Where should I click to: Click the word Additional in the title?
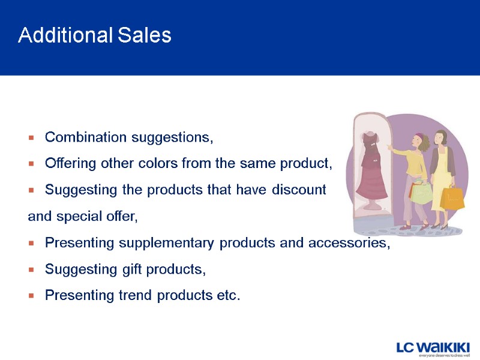click(65, 35)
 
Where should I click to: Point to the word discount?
click(299, 190)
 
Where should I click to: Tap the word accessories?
click(349, 243)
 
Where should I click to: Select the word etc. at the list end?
click(228, 295)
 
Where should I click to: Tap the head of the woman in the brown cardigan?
click(441, 137)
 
